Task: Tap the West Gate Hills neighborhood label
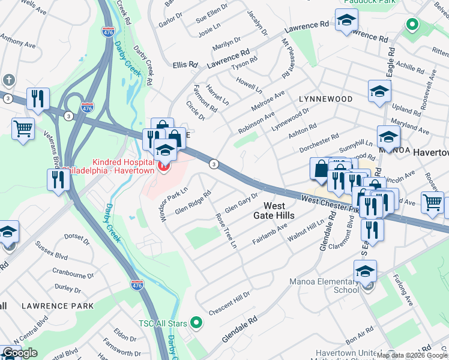click(x=275, y=210)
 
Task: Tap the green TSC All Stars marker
click(x=196, y=323)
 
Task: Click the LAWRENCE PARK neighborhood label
click(x=58, y=306)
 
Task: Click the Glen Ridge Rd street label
click(x=193, y=202)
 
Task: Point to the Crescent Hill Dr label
click(x=229, y=304)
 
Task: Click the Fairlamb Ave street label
click(x=270, y=232)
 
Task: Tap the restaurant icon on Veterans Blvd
click(x=58, y=179)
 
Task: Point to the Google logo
click(x=20, y=353)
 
